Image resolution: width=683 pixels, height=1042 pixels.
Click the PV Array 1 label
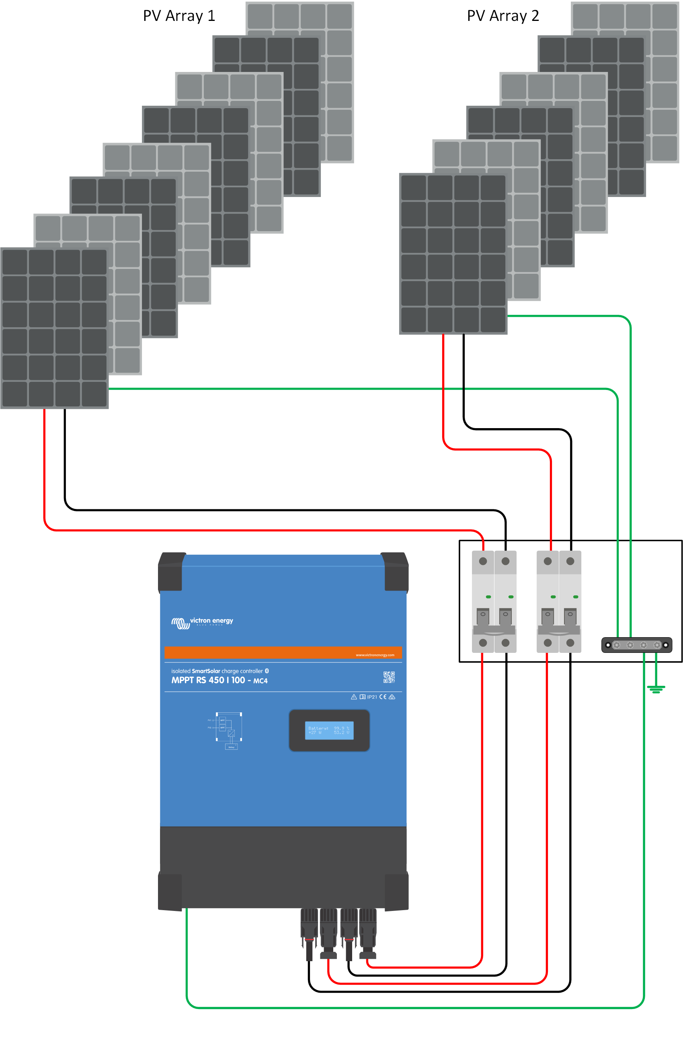click(x=178, y=16)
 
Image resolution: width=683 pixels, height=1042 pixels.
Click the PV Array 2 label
click(x=503, y=16)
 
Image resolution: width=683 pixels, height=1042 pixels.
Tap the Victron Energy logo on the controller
click(x=202, y=622)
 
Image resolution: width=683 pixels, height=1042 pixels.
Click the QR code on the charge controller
click(x=389, y=677)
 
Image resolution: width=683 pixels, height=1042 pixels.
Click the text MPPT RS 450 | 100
click(x=208, y=680)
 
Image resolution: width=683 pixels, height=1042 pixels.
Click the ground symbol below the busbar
click(x=656, y=689)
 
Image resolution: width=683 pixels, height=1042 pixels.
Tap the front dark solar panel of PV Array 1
click(x=54, y=328)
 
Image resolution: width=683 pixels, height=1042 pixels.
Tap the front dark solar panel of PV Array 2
click(x=453, y=254)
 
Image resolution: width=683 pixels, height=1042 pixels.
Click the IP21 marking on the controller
click(x=372, y=697)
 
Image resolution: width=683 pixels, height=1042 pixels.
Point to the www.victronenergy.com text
click(x=375, y=655)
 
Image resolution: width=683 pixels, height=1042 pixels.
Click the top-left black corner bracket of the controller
click(x=171, y=571)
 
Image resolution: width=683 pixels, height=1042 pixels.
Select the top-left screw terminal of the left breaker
click(x=483, y=561)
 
